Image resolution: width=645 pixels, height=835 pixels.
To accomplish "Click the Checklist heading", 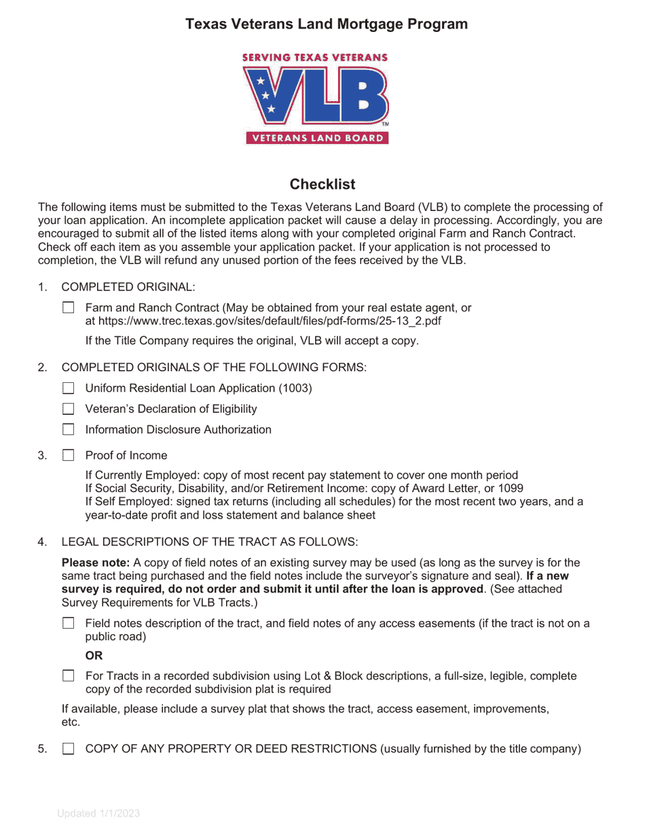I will (x=322, y=184).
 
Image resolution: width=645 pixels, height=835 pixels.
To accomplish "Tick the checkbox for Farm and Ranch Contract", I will (x=68, y=308).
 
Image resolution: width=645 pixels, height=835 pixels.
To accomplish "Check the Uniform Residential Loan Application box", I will (x=68, y=388).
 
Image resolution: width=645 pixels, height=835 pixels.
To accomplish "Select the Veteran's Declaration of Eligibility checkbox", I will (x=68, y=409).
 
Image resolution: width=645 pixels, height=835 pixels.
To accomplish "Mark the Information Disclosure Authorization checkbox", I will (x=68, y=430).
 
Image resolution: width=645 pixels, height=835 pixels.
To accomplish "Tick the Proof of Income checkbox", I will (x=68, y=456).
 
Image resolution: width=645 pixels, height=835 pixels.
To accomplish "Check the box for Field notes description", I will (x=68, y=624).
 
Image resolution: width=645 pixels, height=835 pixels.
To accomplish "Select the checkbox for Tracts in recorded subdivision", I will (x=68, y=676).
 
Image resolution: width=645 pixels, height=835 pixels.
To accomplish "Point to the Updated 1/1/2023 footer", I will (x=98, y=814).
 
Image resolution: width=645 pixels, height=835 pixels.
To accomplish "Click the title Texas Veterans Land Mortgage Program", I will (x=326, y=24).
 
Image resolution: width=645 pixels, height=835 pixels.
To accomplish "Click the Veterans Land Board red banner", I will (x=317, y=138).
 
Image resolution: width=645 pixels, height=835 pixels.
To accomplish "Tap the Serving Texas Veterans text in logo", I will (x=315, y=58).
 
